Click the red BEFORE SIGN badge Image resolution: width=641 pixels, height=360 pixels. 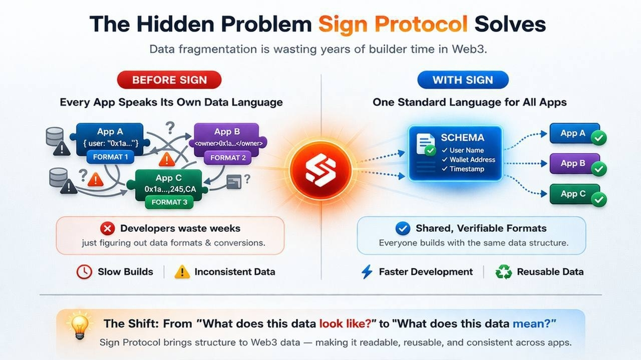(169, 80)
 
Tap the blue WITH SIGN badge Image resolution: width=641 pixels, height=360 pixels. (462, 80)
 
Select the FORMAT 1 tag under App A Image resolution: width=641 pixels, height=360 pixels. (111, 157)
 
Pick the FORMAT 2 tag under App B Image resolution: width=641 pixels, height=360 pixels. (228, 158)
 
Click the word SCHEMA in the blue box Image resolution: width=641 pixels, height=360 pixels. (462, 138)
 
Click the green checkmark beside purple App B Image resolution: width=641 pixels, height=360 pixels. (598, 169)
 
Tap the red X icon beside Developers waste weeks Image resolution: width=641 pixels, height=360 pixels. (107, 229)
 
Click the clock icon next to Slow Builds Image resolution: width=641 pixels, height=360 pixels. (84, 272)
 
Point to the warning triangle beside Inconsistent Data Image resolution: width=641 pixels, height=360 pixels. (182, 272)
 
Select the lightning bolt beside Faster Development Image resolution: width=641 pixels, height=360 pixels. (367, 272)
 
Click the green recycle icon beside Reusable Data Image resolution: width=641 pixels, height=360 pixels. (504, 272)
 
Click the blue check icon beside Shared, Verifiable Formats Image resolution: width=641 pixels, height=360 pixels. (403, 229)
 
